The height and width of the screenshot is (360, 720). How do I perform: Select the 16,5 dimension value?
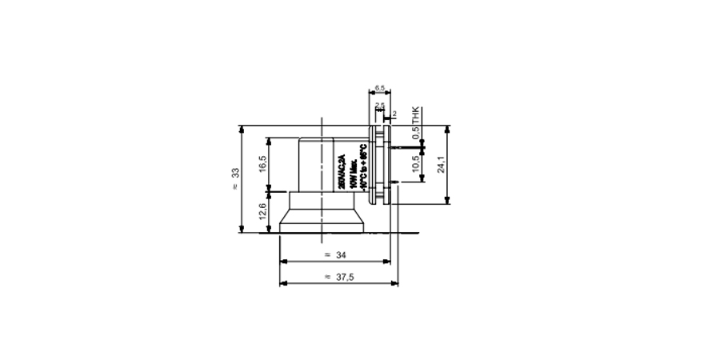pos(262,164)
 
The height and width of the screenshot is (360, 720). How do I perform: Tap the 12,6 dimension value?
pos(262,211)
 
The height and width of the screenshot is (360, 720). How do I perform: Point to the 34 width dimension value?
pos(342,255)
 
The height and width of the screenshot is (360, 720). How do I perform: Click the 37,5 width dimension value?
pos(346,277)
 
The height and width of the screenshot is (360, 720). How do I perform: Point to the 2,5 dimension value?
pos(379,105)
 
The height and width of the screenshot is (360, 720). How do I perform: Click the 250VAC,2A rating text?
pos(342,170)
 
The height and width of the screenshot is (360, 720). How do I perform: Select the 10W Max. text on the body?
pos(352,170)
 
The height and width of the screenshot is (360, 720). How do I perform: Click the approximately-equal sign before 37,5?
pos(327,277)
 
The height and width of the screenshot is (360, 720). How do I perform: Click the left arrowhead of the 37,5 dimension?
pos(282,283)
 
